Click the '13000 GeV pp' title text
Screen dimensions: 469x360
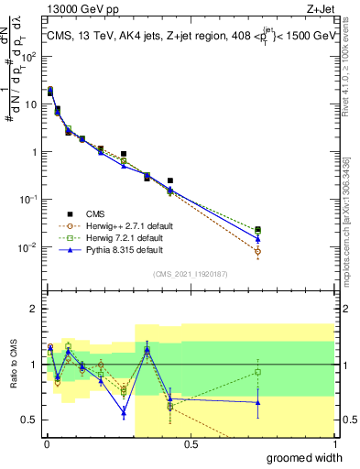[81, 8]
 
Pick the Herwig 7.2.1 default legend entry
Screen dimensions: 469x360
[122, 236]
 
